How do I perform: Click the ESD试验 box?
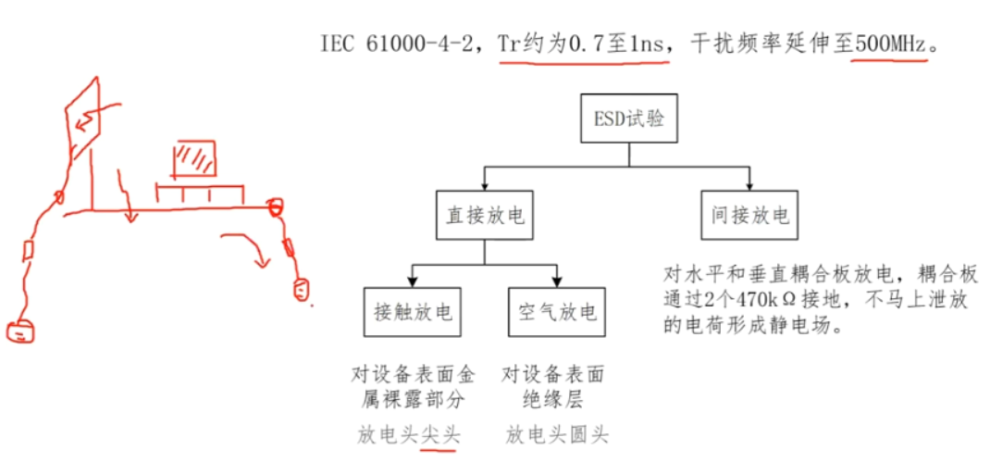(x=628, y=119)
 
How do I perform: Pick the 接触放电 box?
(x=413, y=312)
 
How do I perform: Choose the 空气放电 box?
(x=558, y=312)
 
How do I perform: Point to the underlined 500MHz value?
(x=889, y=44)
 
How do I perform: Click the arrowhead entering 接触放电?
(x=413, y=282)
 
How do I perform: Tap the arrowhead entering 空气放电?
(x=558, y=282)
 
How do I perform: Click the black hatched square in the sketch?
(x=195, y=158)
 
